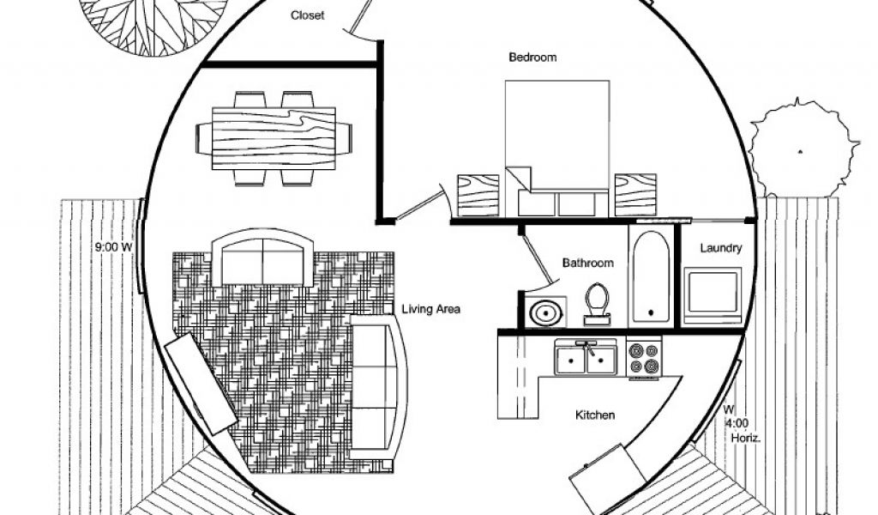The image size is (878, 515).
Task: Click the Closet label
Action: click(308, 15)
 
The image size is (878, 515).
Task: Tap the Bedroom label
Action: click(532, 58)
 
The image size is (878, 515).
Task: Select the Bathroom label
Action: click(588, 263)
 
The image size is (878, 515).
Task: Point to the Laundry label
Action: click(720, 248)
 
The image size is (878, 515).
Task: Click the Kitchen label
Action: click(595, 415)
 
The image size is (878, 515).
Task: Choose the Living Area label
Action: click(431, 309)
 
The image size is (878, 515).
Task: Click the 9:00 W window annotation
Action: click(113, 246)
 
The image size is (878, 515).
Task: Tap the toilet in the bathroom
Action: click(597, 305)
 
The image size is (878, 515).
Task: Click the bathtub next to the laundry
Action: click(651, 277)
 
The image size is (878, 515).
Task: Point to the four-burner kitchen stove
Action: click(643, 359)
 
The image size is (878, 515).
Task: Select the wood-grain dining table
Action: click(274, 138)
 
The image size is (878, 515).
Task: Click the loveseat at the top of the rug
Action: click(262, 258)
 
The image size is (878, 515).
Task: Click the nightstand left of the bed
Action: click(478, 195)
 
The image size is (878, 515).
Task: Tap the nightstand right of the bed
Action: click(635, 195)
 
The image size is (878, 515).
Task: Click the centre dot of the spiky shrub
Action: click(800, 151)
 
